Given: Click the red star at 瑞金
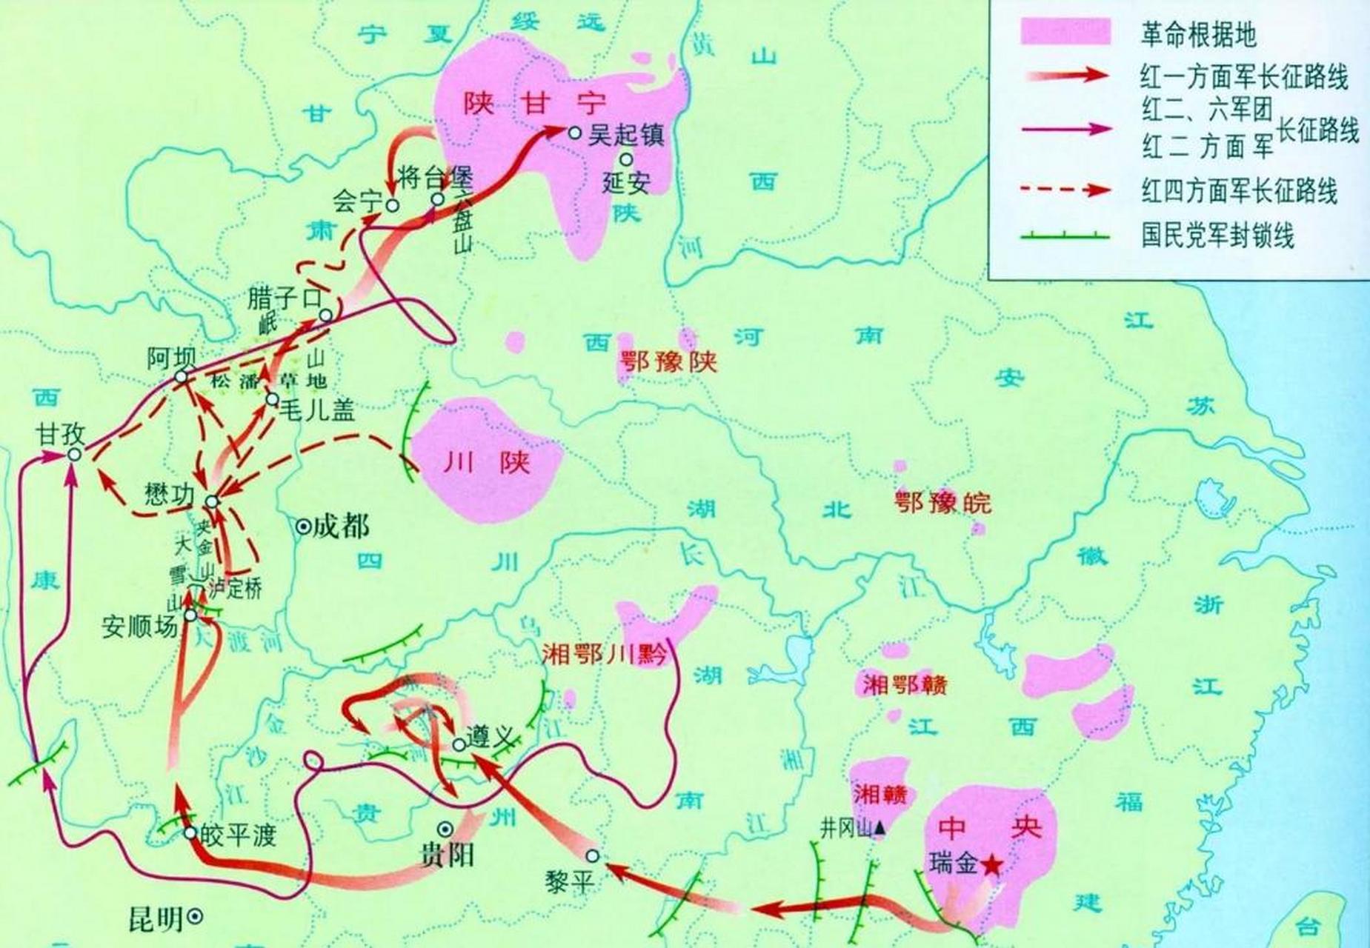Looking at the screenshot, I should pos(991,864).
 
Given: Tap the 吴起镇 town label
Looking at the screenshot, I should pos(626,135).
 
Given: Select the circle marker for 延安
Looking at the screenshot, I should pos(626,158).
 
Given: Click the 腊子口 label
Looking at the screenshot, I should pos(284,299).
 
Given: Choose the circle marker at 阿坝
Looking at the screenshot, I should pos(181,377).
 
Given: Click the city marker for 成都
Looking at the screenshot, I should pos(303,527).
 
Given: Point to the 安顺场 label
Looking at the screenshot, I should pos(140,627).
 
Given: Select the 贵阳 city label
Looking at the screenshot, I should pos(447,856).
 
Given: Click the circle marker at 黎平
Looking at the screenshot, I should pos(592,856).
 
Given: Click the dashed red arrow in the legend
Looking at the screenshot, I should pos(1065,190).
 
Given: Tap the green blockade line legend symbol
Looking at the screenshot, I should pos(1065,236).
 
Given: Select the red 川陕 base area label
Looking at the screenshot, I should pos(487,463).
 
